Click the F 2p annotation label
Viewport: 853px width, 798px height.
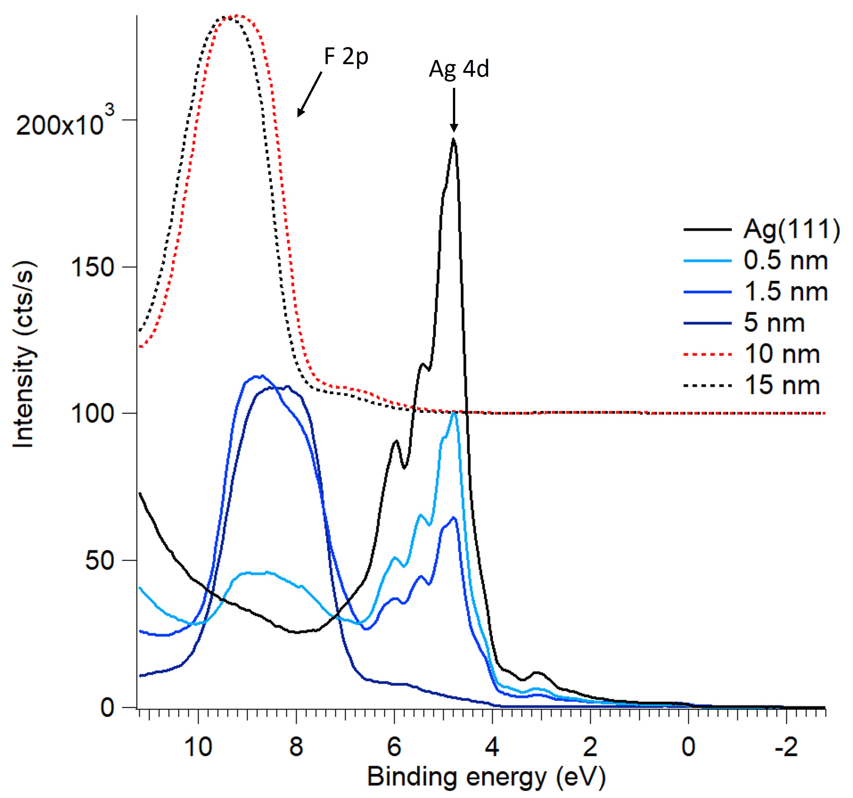(346, 57)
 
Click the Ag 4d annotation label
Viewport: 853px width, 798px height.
(459, 69)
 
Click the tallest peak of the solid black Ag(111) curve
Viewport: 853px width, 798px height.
(454, 139)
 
